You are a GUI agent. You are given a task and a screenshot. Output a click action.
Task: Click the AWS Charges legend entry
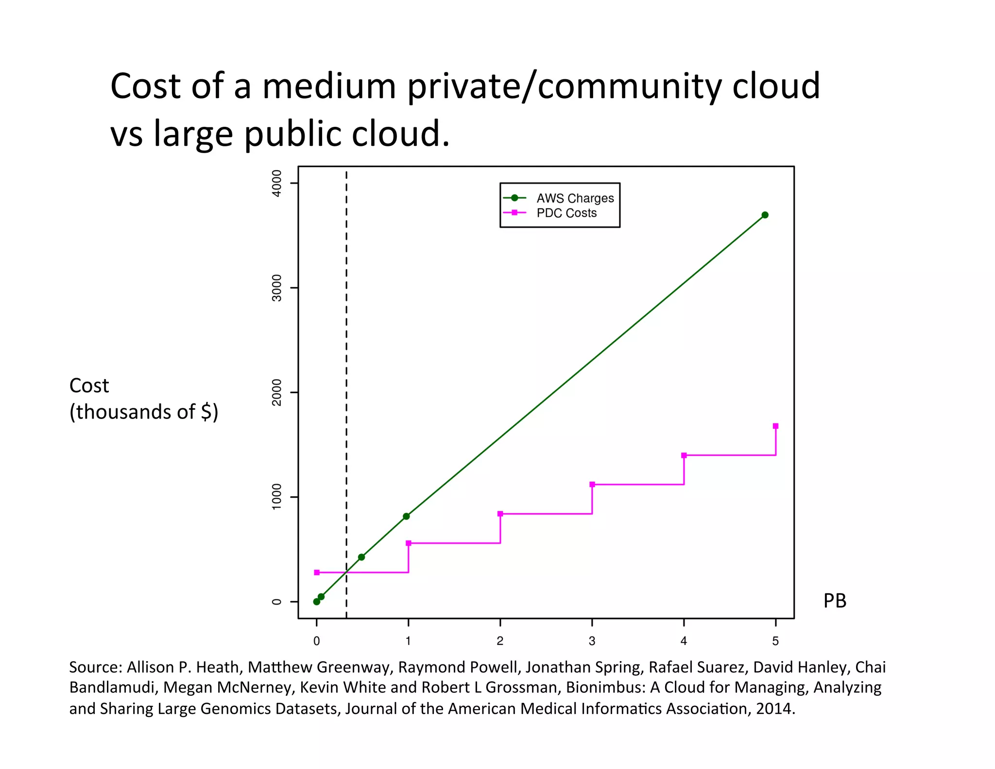coord(575,198)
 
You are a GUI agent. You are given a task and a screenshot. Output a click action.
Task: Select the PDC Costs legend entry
coord(566,213)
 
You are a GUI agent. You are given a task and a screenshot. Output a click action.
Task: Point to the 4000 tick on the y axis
coord(276,183)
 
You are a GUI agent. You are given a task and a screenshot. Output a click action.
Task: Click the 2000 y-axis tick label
coord(276,392)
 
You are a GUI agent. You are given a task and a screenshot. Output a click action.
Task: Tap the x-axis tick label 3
coord(592,641)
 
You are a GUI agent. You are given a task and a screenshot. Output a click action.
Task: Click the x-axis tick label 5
coord(775,641)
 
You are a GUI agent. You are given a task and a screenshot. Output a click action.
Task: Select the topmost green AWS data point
coord(765,215)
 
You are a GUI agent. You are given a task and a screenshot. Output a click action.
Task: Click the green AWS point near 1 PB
coord(406,516)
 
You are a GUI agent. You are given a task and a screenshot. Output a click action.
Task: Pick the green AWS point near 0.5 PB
coord(361,557)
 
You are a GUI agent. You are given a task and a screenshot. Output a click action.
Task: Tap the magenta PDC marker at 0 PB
coord(317,573)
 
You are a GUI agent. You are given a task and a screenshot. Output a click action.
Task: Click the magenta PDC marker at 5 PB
coord(775,426)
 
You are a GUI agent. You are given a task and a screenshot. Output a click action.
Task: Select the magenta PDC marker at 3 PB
coord(592,484)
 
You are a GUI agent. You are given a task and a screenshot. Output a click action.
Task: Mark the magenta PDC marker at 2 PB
coord(500,514)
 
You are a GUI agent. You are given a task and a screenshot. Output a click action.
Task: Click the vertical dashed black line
coord(346,340)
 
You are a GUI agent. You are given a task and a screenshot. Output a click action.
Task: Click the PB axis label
coord(835,601)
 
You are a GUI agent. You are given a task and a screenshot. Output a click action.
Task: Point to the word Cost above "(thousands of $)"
coord(89,385)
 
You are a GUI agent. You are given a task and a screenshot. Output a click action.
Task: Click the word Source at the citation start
coord(95,667)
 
